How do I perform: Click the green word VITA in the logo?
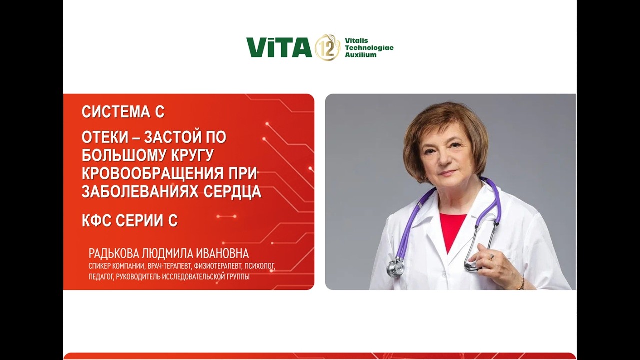(279, 48)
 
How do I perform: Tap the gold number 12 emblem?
(327, 48)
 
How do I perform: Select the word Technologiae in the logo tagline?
(369, 48)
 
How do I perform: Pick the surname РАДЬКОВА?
(116, 253)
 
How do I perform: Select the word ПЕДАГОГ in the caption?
(100, 276)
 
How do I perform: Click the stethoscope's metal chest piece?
(395, 269)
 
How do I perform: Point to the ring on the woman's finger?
(491, 256)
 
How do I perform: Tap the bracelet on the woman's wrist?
(522, 283)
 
